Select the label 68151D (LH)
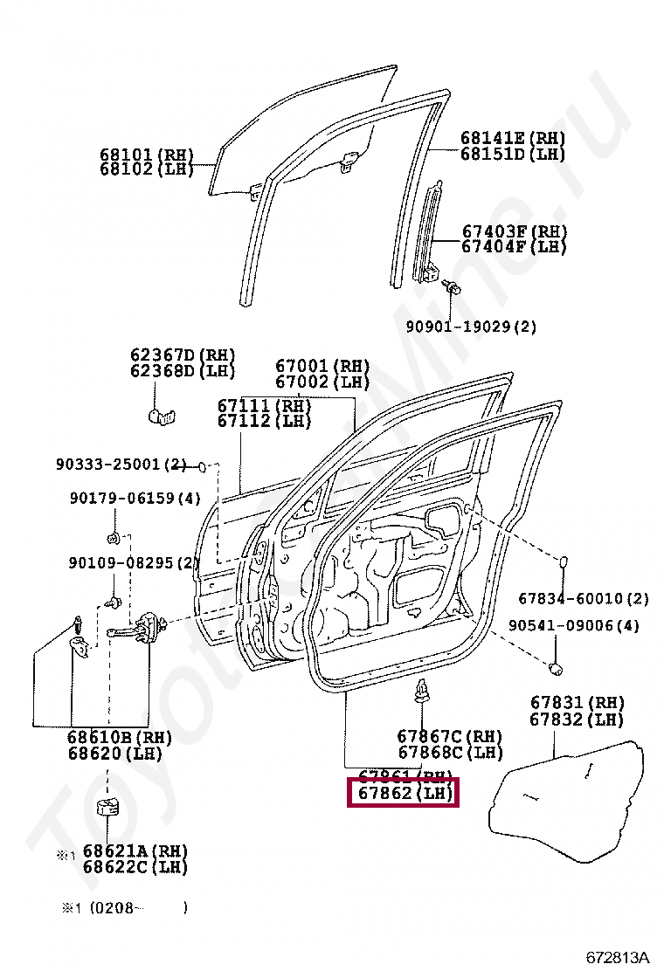pyautogui.click(x=513, y=155)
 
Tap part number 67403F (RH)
pyautogui.click(x=514, y=231)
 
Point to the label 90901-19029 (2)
pyautogui.click(x=471, y=327)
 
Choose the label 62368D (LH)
pyautogui.click(x=183, y=370)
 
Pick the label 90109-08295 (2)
pyautogui.click(x=134, y=563)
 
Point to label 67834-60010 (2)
pyautogui.click(x=584, y=599)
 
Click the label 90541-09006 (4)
pyautogui.click(x=574, y=625)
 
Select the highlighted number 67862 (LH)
pyautogui.click(x=403, y=794)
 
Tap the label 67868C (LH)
pyautogui.click(x=450, y=752)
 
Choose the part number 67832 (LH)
pyautogui.click(x=577, y=720)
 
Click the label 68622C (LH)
pyautogui.click(x=135, y=867)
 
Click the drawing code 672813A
pyautogui.click(x=618, y=956)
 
